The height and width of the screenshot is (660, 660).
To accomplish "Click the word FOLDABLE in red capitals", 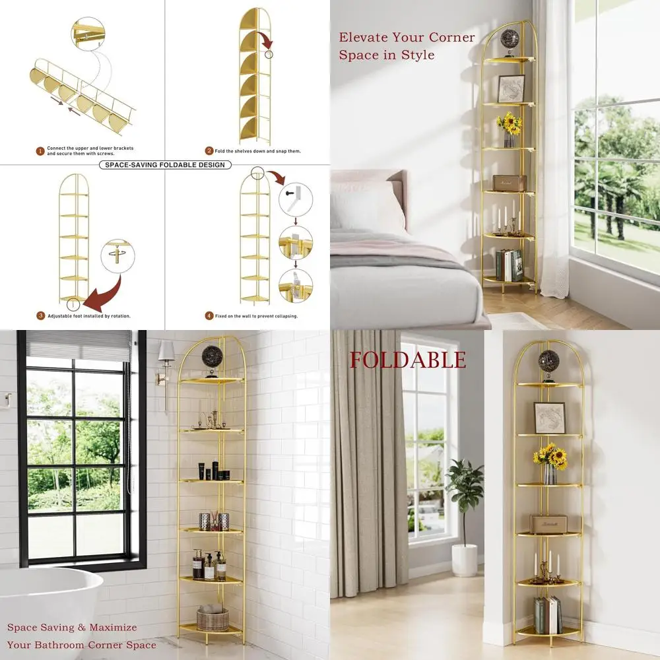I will tap(407, 360).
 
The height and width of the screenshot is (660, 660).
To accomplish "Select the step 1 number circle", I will tap(40, 151).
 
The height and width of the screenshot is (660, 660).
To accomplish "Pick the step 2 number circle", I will tap(209, 151).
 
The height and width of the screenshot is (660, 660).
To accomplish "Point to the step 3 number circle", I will tap(40, 316).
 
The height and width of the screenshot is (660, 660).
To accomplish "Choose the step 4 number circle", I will tap(209, 316).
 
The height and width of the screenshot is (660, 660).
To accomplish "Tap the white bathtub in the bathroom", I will tap(46, 607).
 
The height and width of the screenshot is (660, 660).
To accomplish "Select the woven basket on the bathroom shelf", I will tap(213, 618).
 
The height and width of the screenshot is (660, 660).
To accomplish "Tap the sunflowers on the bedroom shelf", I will tap(510, 123).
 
